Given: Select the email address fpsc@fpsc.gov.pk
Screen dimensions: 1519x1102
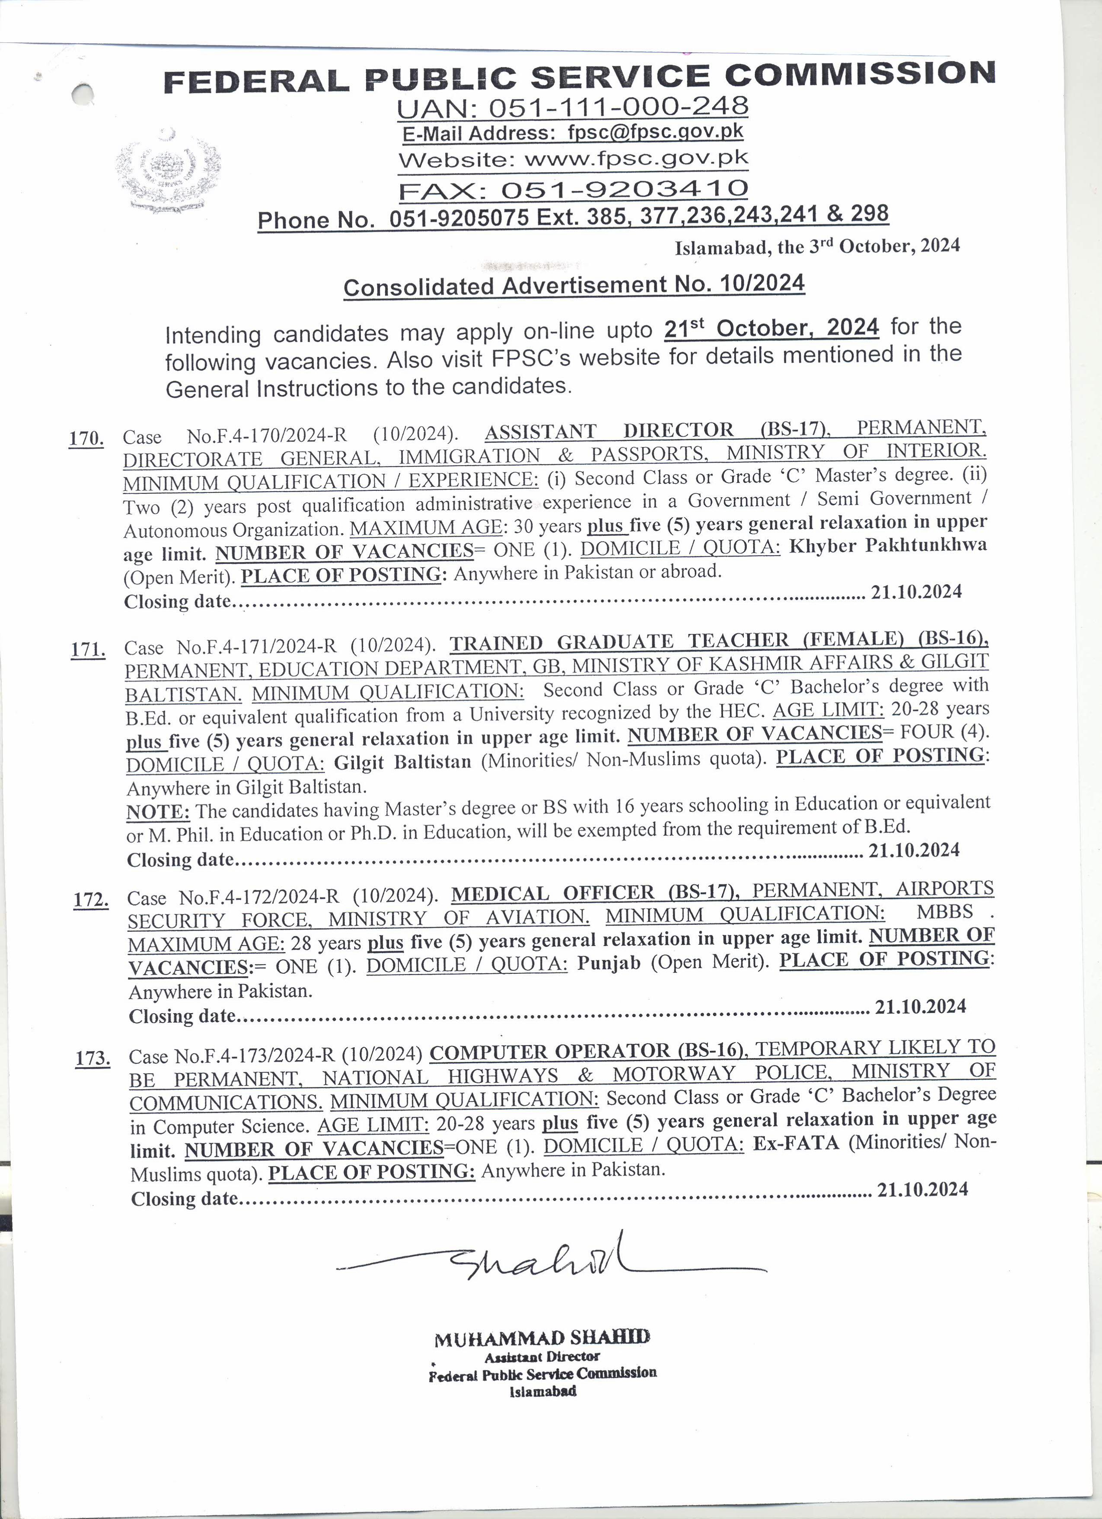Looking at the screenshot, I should (x=655, y=132).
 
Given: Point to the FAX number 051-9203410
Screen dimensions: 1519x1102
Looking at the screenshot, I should (x=624, y=189).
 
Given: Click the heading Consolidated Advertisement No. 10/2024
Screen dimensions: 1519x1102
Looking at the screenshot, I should (x=574, y=285).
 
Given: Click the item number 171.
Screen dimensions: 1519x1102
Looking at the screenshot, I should (x=88, y=649).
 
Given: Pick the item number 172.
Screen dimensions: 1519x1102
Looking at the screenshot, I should (x=90, y=899).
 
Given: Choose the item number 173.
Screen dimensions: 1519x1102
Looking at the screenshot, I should (x=92, y=1058).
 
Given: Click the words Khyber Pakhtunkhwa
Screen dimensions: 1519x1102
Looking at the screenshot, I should (x=887, y=546).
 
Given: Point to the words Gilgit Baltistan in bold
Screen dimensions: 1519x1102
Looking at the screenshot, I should (x=402, y=762).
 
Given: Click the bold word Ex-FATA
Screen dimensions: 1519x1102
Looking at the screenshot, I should (x=795, y=1142).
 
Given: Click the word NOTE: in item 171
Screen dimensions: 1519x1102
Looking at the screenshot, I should (x=158, y=812).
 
